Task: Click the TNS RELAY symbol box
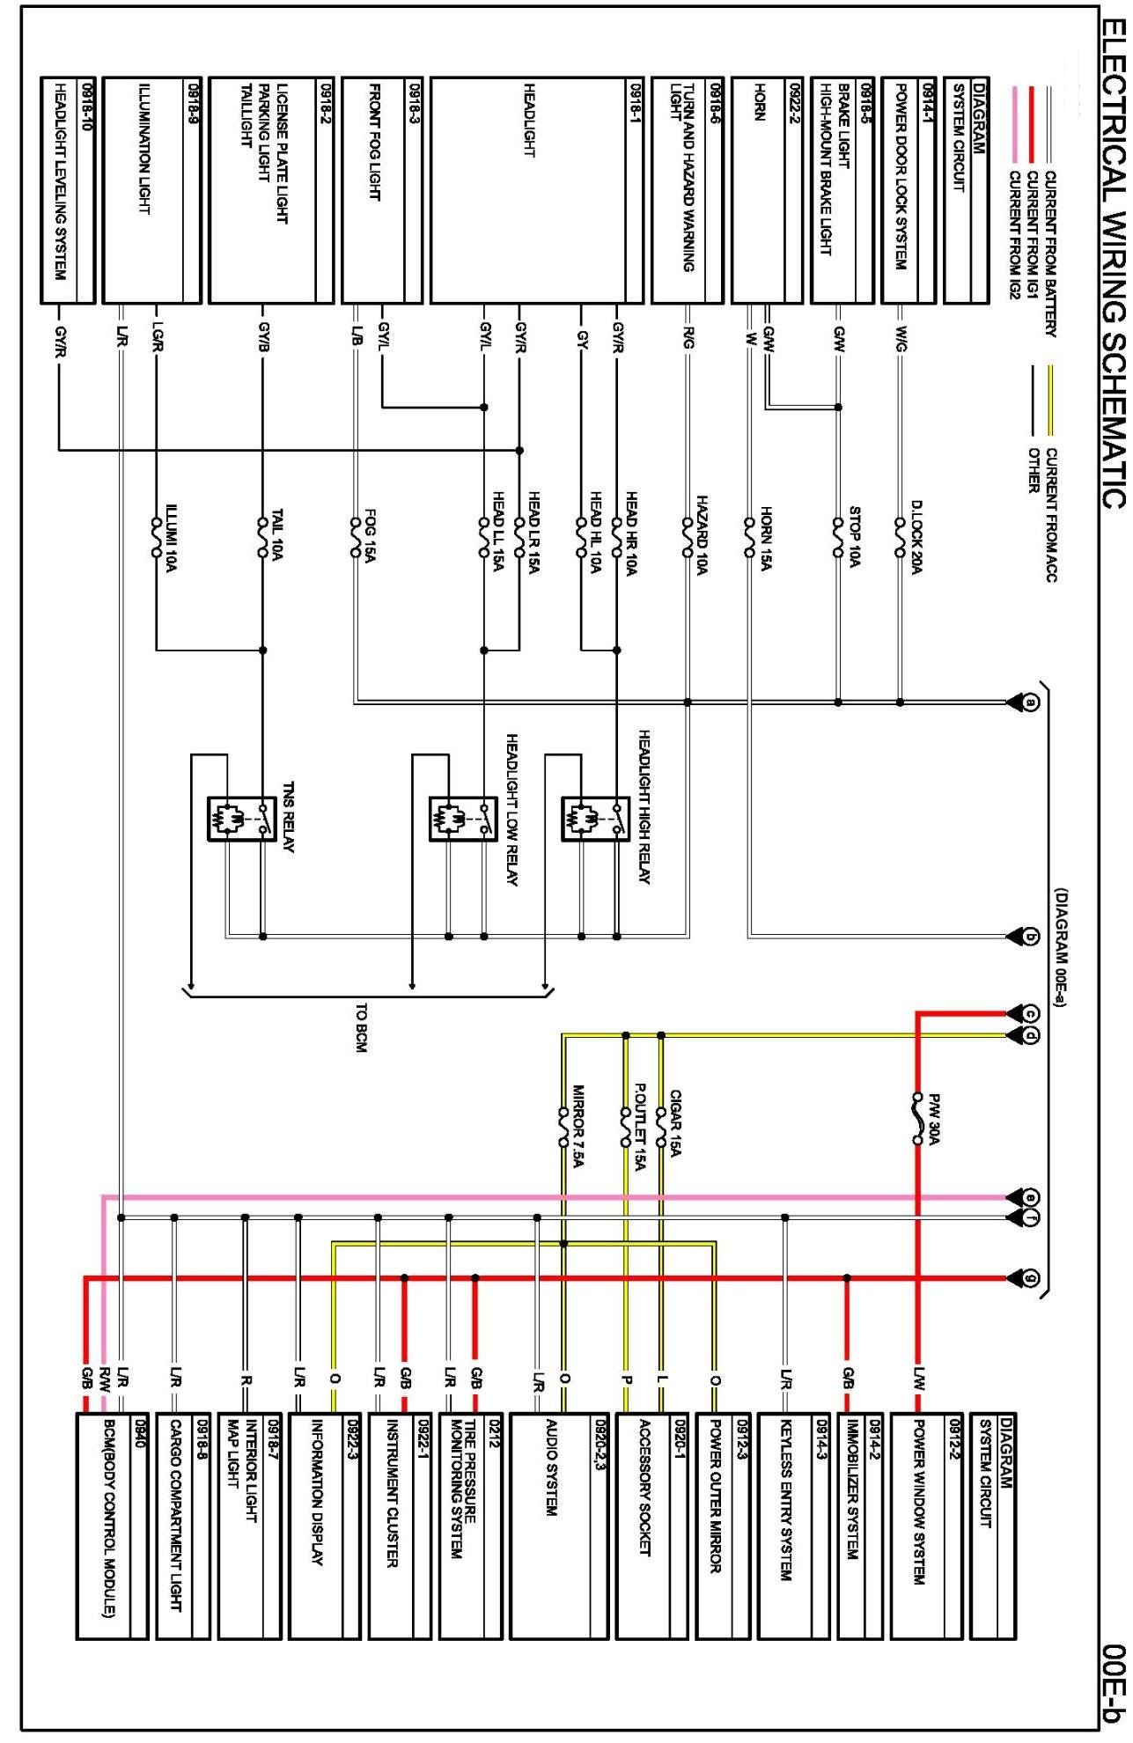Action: [241, 819]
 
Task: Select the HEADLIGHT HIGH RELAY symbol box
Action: [596, 819]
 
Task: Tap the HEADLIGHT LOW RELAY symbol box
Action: [463, 819]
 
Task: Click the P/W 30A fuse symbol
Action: [917, 1119]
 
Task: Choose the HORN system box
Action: [767, 189]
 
